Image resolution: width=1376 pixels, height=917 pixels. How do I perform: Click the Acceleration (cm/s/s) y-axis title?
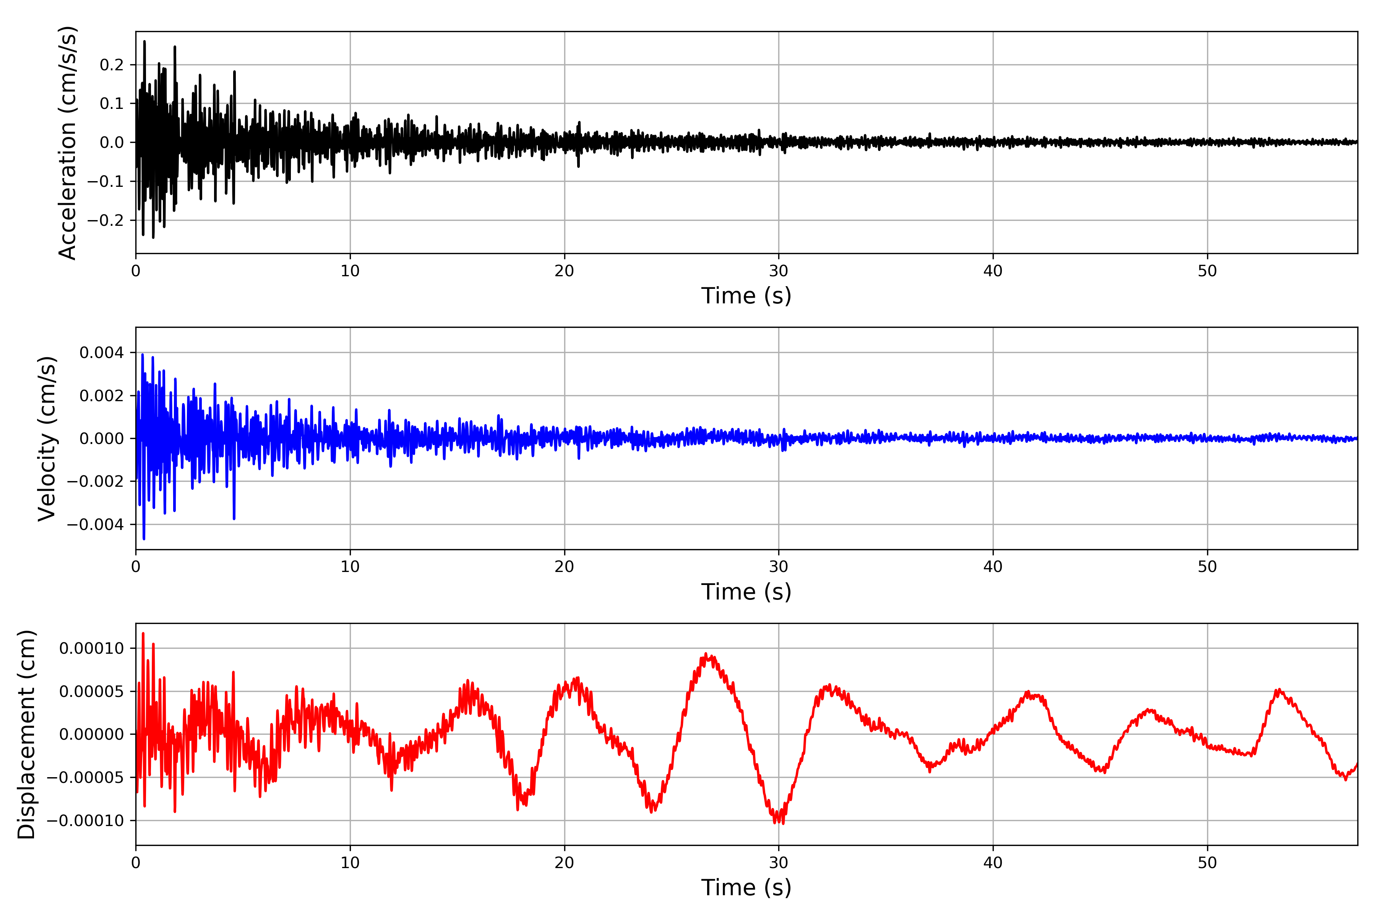pyautogui.click(x=68, y=143)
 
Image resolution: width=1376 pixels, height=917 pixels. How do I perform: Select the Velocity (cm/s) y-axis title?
pyautogui.click(x=47, y=439)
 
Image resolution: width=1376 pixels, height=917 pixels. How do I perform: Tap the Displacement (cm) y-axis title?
pyautogui.click(x=26, y=734)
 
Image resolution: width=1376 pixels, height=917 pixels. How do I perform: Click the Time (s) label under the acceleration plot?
pyautogui.click(x=746, y=296)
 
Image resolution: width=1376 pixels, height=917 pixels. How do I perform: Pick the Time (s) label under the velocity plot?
pyautogui.click(x=746, y=592)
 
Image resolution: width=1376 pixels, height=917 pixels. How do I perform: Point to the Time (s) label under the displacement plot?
pyautogui.click(x=746, y=888)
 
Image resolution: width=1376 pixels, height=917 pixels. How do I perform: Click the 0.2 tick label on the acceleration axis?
pyautogui.click(x=112, y=65)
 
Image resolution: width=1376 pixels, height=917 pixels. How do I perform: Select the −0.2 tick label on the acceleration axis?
pyautogui.click(x=106, y=220)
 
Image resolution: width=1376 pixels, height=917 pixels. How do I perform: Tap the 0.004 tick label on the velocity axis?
pyautogui.click(x=102, y=353)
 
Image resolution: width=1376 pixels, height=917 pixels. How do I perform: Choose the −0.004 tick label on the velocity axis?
pyautogui.click(x=95, y=525)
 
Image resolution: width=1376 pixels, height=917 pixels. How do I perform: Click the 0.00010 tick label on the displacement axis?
pyautogui.click(x=92, y=648)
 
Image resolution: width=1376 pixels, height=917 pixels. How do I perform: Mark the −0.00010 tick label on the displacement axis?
pyautogui.click(x=85, y=820)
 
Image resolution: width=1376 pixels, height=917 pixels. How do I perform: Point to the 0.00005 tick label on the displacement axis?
pyautogui.click(x=92, y=691)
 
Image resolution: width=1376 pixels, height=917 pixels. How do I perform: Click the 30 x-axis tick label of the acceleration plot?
pyautogui.click(x=779, y=271)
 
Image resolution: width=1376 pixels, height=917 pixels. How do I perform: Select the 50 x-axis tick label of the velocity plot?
pyautogui.click(x=1207, y=567)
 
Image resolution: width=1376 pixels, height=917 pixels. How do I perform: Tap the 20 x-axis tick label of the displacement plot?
pyautogui.click(x=565, y=863)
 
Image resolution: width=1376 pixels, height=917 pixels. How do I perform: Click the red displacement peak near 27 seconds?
pyautogui.click(x=706, y=654)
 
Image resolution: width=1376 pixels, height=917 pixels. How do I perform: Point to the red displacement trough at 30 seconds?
pyautogui.click(x=779, y=822)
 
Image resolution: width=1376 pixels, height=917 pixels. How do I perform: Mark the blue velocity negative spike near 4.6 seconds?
pyautogui.click(x=234, y=518)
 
